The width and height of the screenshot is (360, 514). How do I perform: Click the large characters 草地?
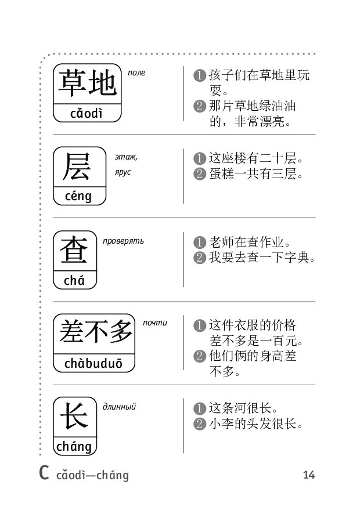[x=87, y=84]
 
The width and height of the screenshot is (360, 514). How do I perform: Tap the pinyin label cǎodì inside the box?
[x=87, y=114]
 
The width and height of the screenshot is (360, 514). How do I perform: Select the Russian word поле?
[x=136, y=73]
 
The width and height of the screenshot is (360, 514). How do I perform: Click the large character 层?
[x=77, y=167]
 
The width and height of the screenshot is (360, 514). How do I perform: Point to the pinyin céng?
[x=78, y=196]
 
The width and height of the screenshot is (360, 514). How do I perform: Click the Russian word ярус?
[x=123, y=172]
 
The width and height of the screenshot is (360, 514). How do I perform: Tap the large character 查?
[x=74, y=250]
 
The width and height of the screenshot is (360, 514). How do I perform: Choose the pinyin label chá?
[x=74, y=281]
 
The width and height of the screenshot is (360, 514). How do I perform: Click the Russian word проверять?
[x=123, y=241]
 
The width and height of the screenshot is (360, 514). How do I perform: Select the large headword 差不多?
[x=95, y=332]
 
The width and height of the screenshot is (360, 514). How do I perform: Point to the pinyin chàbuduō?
[x=93, y=364]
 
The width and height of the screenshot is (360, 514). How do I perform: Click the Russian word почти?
[x=155, y=323]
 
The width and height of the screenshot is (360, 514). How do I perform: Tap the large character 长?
[x=74, y=417]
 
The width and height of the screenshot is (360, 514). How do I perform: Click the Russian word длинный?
[x=119, y=407]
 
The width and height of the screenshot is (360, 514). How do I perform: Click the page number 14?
[x=309, y=475]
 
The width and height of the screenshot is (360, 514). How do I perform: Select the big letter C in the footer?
[x=44, y=472]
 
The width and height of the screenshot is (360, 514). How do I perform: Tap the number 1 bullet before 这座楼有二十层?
[x=200, y=158]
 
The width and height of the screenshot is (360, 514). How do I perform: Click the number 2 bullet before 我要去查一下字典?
[x=200, y=258]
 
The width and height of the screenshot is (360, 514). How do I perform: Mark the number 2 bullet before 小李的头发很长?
[x=200, y=424]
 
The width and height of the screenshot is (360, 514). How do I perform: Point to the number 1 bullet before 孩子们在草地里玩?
[x=200, y=75]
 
